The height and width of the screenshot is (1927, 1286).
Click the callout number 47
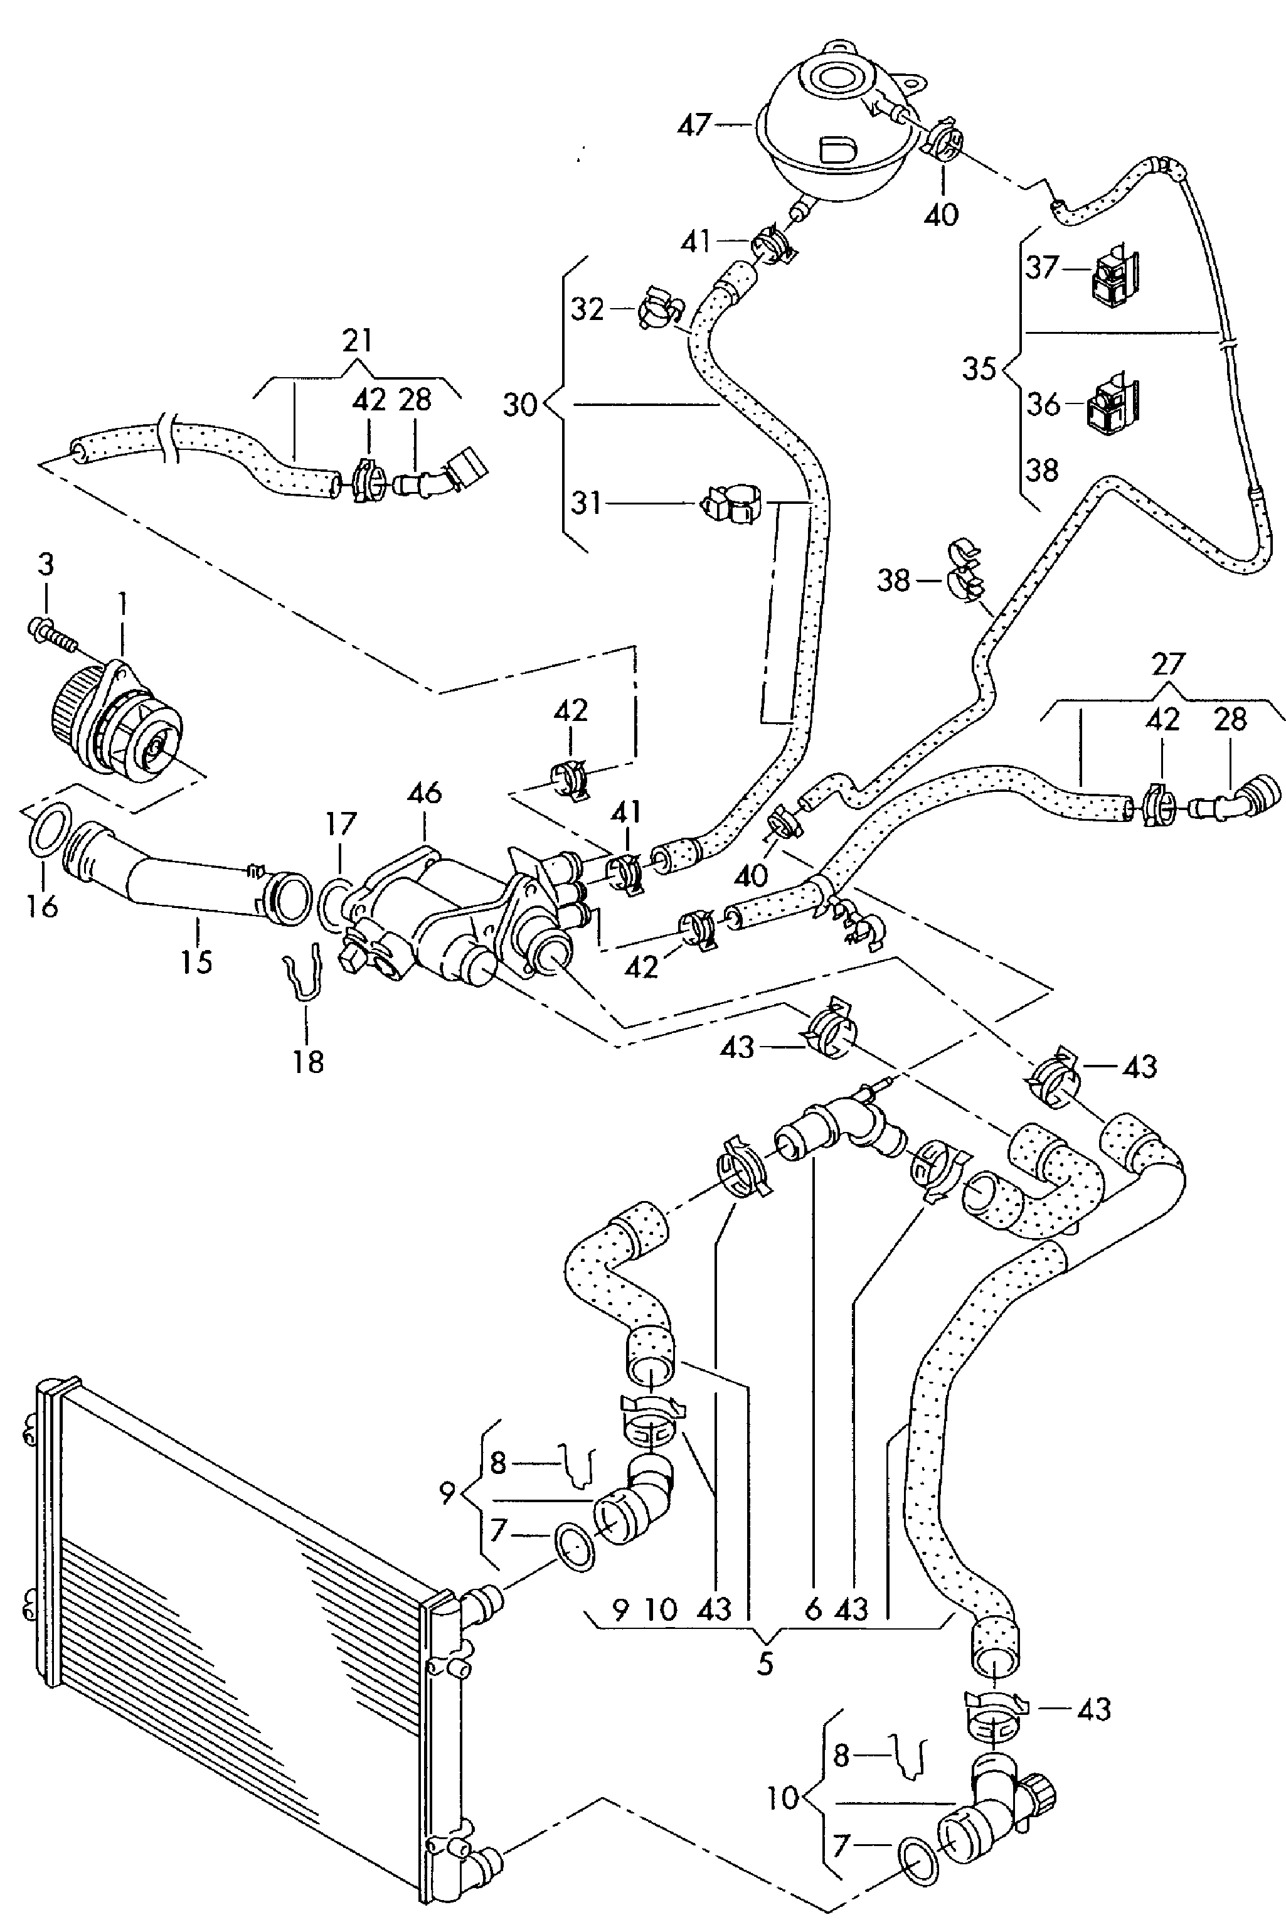(694, 125)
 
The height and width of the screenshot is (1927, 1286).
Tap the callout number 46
(425, 793)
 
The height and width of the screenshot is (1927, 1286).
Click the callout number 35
(979, 369)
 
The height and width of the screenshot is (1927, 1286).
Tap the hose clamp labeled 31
(729, 503)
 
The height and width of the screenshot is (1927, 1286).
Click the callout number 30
(520, 405)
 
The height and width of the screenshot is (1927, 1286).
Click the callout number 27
(1168, 663)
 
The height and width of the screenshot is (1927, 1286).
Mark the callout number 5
(764, 1663)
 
